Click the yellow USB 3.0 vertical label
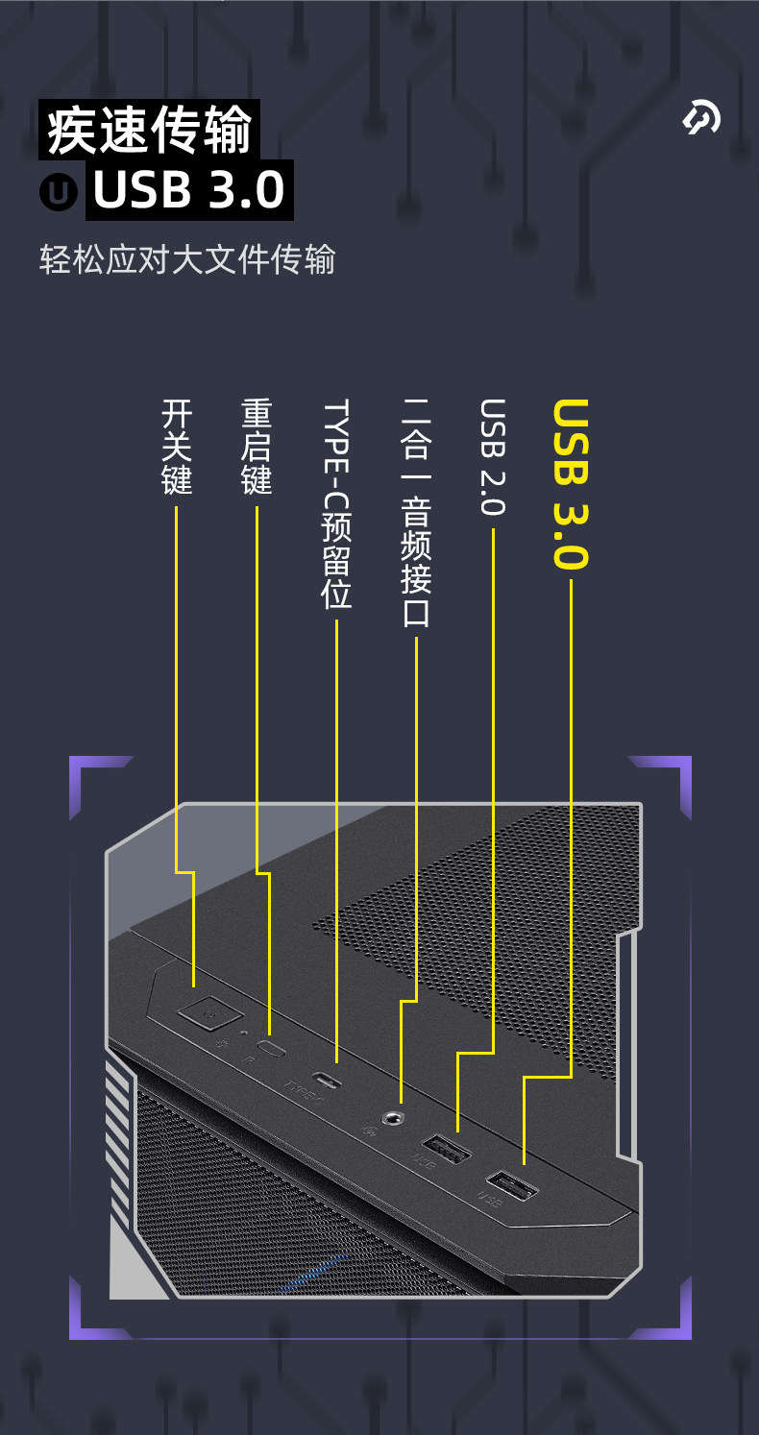click(571, 484)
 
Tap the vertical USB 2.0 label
click(492, 457)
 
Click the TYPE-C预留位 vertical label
click(336, 503)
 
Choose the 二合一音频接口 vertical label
click(416, 512)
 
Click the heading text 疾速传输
click(150, 130)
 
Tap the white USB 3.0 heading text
click(189, 189)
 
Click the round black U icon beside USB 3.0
click(59, 191)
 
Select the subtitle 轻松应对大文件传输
click(187, 260)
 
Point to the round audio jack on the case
click(394, 1117)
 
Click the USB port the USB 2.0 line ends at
click(445, 1148)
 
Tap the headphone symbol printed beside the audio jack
click(368, 1130)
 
